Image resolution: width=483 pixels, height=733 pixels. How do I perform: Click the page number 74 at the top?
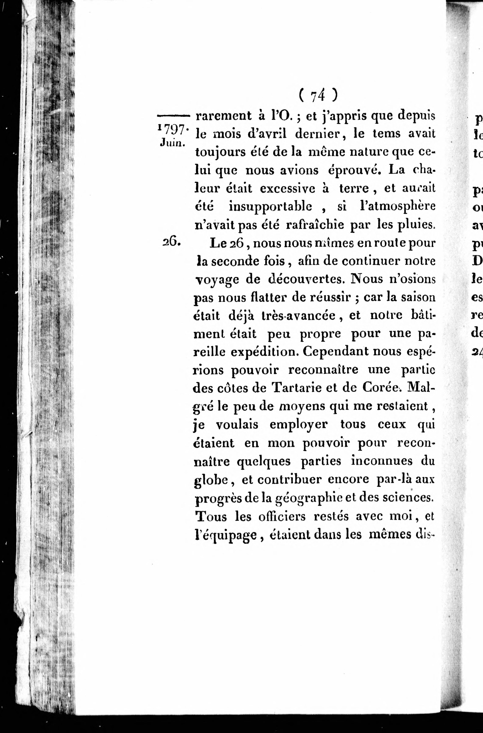(318, 96)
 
